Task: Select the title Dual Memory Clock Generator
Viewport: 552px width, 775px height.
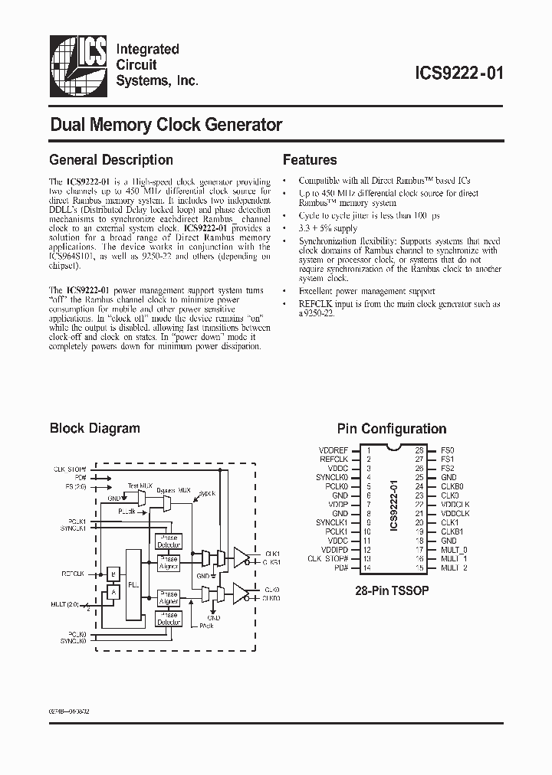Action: (x=166, y=125)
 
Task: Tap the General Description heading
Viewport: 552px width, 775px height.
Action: (x=111, y=160)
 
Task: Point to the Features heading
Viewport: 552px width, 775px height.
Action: (x=310, y=160)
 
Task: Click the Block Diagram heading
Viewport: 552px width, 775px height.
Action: (x=94, y=428)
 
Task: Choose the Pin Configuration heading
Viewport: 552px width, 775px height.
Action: (x=391, y=429)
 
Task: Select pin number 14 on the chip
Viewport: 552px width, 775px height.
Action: (x=368, y=567)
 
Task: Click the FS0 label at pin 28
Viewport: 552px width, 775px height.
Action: (x=448, y=450)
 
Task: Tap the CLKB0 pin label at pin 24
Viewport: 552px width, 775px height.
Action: (x=452, y=486)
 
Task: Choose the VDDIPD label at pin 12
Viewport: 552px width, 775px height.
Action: (x=333, y=549)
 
